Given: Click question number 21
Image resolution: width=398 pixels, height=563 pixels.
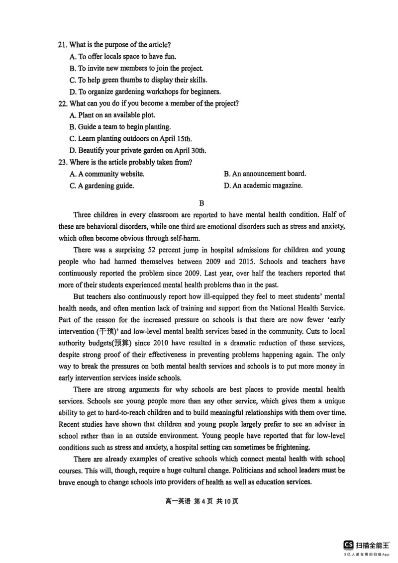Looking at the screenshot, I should tap(62, 45).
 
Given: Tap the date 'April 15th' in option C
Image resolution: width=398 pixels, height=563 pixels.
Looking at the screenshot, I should tap(174, 138).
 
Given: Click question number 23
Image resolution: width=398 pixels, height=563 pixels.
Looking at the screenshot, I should tap(62, 162).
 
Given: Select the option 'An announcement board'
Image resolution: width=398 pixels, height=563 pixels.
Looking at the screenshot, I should tap(265, 174).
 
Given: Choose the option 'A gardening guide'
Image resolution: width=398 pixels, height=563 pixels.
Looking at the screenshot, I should tap(102, 186).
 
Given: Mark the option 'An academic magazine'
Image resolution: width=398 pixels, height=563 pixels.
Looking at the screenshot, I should tap(263, 186).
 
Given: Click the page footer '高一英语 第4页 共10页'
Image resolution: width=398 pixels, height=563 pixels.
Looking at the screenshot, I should tap(201, 501).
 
